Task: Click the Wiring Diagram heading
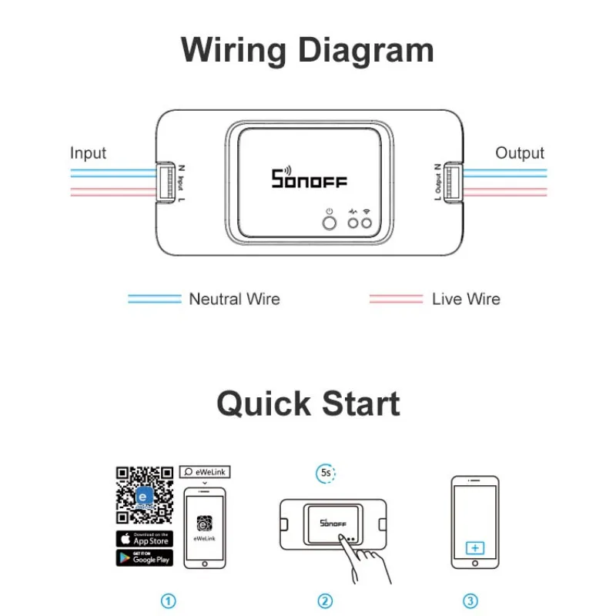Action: (x=307, y=51)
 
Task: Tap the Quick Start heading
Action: (x=308, y=403)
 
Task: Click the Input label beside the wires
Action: (x=88, y=153)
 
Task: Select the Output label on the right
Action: (x=520, y=153)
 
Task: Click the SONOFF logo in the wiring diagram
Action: (x=309, y=179)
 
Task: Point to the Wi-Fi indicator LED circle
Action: (x=367, y=223)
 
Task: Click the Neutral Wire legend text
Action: (x=235, y=299)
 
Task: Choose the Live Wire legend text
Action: (x=466, y=299)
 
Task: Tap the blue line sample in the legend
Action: (x=154, y=299)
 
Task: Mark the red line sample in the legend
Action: (x=396, y=299)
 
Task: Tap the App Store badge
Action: (x=145, y=539)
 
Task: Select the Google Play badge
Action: (x=145, y=557)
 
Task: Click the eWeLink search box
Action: (x=205, y=471)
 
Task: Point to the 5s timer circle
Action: (x=326, y=474)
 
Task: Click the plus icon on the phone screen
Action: (x=476, y=548)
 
